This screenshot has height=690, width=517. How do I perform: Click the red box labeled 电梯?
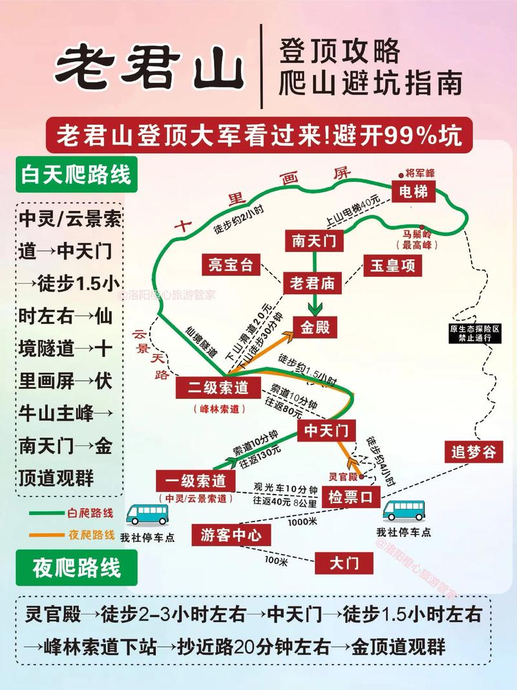coord(414,191)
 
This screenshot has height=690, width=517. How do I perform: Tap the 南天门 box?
coord(314,241)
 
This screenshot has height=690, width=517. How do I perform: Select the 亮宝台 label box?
coord(229,264)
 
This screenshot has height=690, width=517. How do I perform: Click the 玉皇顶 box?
coord(392,264)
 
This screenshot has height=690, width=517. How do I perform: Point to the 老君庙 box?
coord(314,283)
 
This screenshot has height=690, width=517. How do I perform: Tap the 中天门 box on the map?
coord(327,430)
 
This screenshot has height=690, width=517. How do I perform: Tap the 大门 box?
coord(344,563)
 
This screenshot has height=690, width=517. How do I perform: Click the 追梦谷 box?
coord(474,451)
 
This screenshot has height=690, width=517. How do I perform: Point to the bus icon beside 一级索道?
coord(147,514)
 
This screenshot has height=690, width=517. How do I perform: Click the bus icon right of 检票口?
coord(405,510)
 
